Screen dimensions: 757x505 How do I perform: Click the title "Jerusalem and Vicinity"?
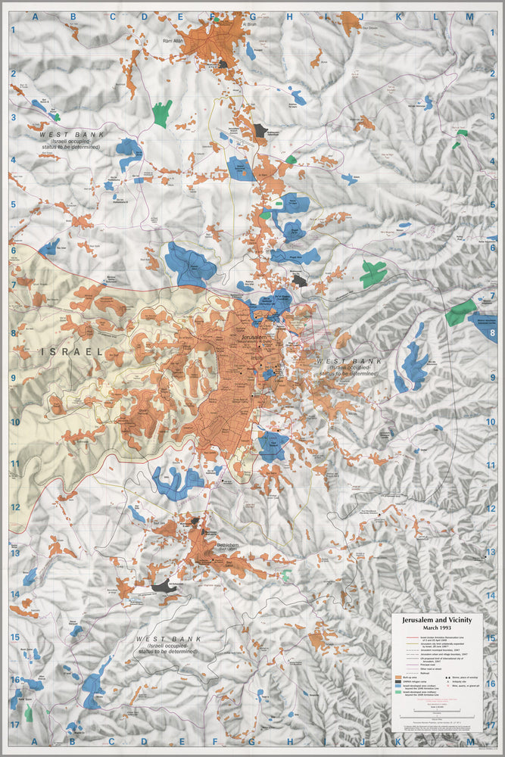[437, 618]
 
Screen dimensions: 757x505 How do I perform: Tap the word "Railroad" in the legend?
[417, 669]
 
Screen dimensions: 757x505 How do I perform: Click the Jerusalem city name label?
[247, 337]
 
